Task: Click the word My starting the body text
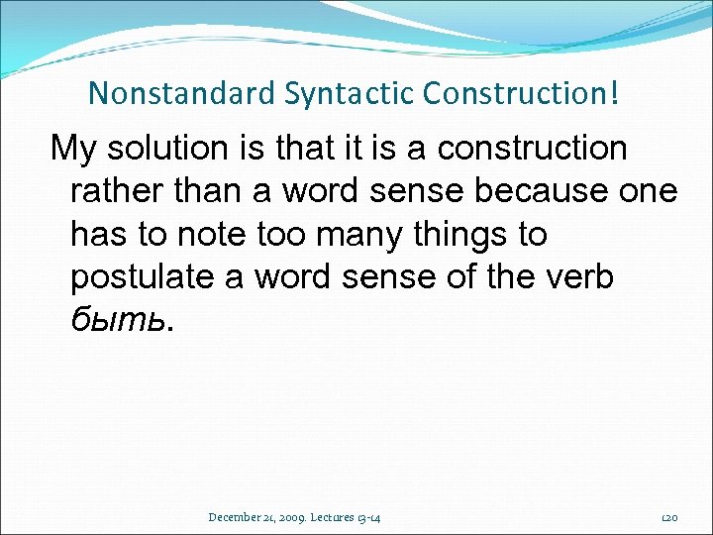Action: (x=72, y=149)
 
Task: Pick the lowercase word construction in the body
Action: (x=532, y=149)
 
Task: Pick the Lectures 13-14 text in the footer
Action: (x=353, y=516)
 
